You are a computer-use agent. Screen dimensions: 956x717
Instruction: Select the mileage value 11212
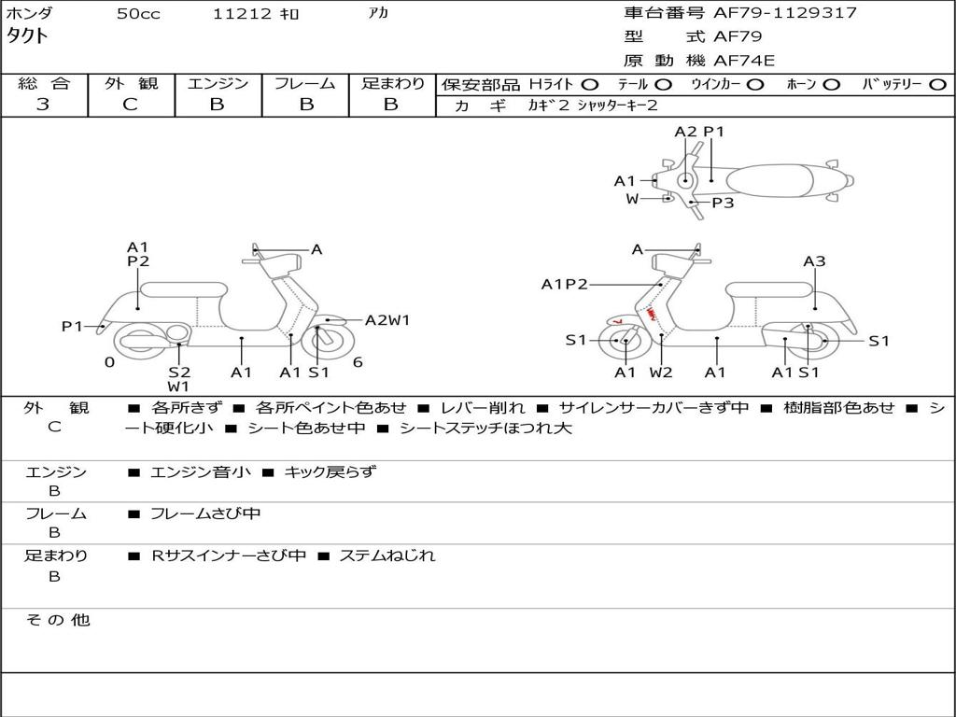242,14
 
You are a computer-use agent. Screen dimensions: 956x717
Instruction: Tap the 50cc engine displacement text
138,14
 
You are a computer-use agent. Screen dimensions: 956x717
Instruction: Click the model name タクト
28,36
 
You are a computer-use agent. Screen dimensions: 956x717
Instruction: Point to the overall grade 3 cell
43,105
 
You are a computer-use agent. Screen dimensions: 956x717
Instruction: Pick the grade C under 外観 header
130,105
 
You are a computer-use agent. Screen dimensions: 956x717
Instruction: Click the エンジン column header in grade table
218,83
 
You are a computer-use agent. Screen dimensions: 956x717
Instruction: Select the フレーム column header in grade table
304,83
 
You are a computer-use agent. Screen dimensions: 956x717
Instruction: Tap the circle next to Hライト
590,84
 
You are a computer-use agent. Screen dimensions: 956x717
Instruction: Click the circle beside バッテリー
937,84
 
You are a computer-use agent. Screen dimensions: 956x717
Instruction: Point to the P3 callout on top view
723,203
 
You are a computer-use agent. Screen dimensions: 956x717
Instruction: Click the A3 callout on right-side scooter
814,261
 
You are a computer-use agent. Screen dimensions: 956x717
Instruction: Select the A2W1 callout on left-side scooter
387,320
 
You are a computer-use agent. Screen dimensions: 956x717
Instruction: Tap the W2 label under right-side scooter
661,373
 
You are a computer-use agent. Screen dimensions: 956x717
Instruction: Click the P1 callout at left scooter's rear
72,326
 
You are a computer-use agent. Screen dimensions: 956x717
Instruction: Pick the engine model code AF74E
744,61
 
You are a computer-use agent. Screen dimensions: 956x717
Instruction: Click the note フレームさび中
205,513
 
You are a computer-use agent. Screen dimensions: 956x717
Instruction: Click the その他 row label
57,620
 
